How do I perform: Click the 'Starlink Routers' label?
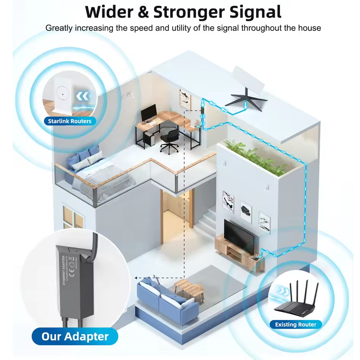[x=69, y=121]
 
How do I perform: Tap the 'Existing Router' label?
[x=296, y=324]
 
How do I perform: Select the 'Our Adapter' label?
[x=75, y=337]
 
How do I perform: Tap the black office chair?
[x=170, y=140]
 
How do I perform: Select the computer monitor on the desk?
[x=149, y=113]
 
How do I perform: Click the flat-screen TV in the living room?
[x=239, y=234]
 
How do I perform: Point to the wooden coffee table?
[x=189, y=286]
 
